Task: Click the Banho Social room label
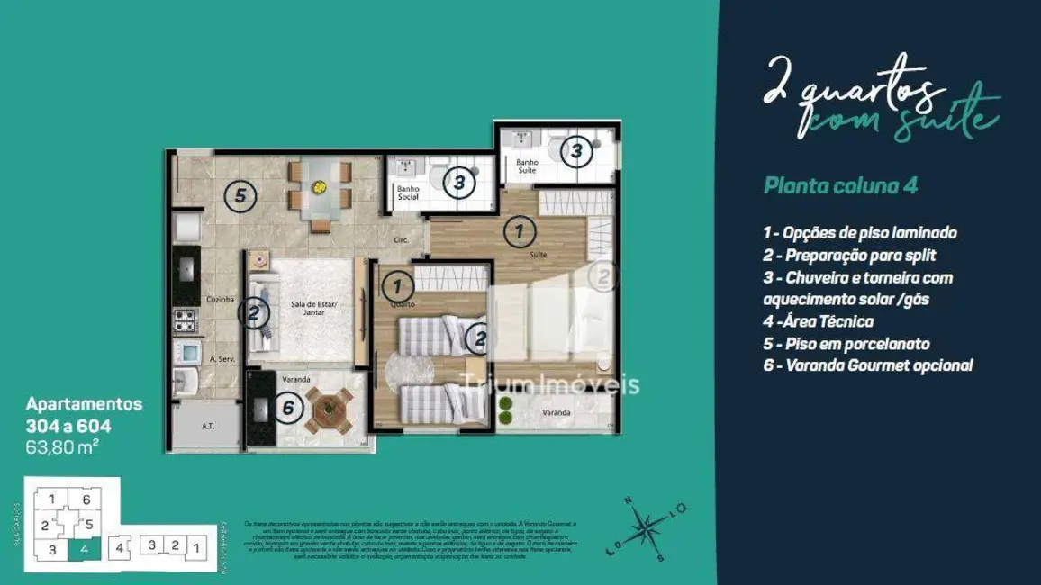tap(407, 193)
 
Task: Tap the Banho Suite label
tap(527, 166)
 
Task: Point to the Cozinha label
tap(220, 299)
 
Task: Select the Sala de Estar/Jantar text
tap(308, 309)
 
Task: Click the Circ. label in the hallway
tap(401, 240)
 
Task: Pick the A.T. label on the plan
tap(207, 427)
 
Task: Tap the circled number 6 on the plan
tap(288, 408)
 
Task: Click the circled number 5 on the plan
tap(240, 195)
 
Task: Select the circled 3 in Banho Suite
tap(576, 152)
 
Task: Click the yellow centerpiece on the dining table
tap(319, 187)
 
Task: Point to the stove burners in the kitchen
tap(185, 318)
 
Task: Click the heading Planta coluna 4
tap(839, 186)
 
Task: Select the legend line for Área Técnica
tap(818, 321)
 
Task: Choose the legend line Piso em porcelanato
tap(846, 344)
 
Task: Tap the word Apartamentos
tap(83, 404)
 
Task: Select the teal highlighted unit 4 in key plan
tap(85, 546)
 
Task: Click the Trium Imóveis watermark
tap(549, 385)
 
